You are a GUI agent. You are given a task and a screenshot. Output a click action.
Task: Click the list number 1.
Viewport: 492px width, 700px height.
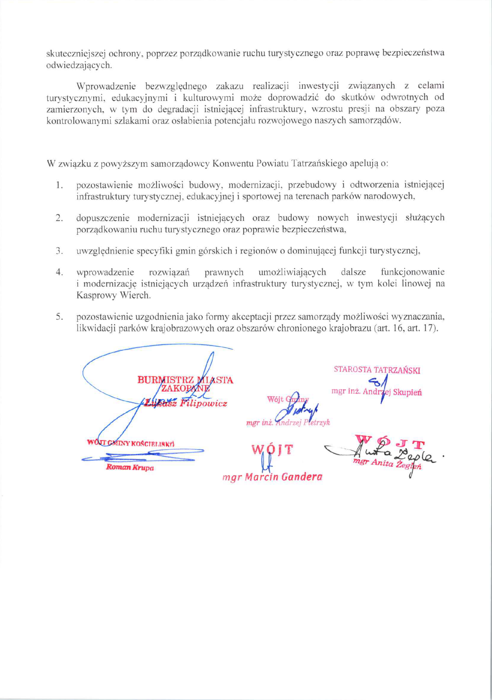click(x=59, y=185)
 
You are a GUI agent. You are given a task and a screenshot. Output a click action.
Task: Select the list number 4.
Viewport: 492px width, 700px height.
click(x=59, y=272)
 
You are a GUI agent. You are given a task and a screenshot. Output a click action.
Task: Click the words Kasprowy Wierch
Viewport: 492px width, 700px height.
click(x=113, y=296)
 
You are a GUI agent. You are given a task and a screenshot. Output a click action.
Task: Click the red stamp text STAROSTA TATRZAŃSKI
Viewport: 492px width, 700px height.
click(x=377, y=370)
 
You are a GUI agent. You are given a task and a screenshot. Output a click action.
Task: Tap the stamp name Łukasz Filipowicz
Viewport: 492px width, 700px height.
click(x=186, y=403)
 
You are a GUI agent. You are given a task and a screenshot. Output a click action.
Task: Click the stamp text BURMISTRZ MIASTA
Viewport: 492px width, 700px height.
click(x=185, y=380)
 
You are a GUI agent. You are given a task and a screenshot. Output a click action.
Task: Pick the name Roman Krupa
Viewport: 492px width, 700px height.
click(x=130, y=468)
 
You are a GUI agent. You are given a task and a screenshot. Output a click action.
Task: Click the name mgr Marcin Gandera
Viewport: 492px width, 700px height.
click(x=272, y=477)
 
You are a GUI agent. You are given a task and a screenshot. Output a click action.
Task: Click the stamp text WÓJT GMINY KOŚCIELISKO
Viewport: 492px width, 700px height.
click(x=130, y=443)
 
